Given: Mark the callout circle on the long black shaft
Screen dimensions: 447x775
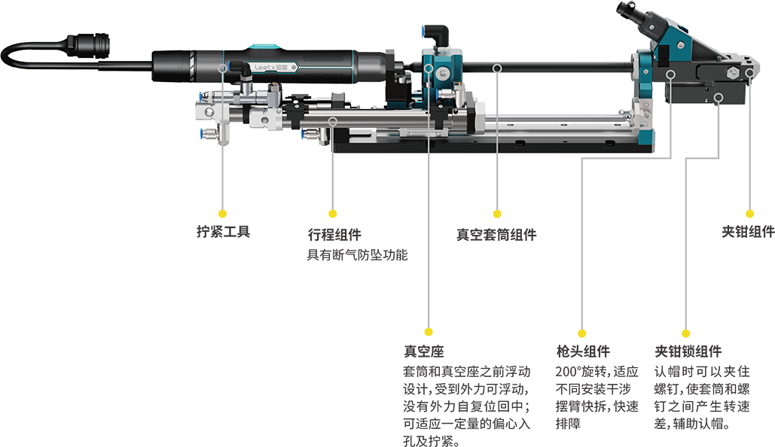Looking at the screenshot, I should (x=497, y=68).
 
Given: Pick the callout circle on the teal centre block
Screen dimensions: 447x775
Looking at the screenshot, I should (x=429, y=68).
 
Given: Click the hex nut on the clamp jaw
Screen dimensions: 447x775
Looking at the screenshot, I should (x=731, y=74).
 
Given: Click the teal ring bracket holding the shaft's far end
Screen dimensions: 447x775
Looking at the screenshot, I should (x=645, y=75).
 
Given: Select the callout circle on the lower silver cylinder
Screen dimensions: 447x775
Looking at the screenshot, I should (x=333, y=120).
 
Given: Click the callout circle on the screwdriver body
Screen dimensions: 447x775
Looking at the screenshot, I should (x=221, y=68).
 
